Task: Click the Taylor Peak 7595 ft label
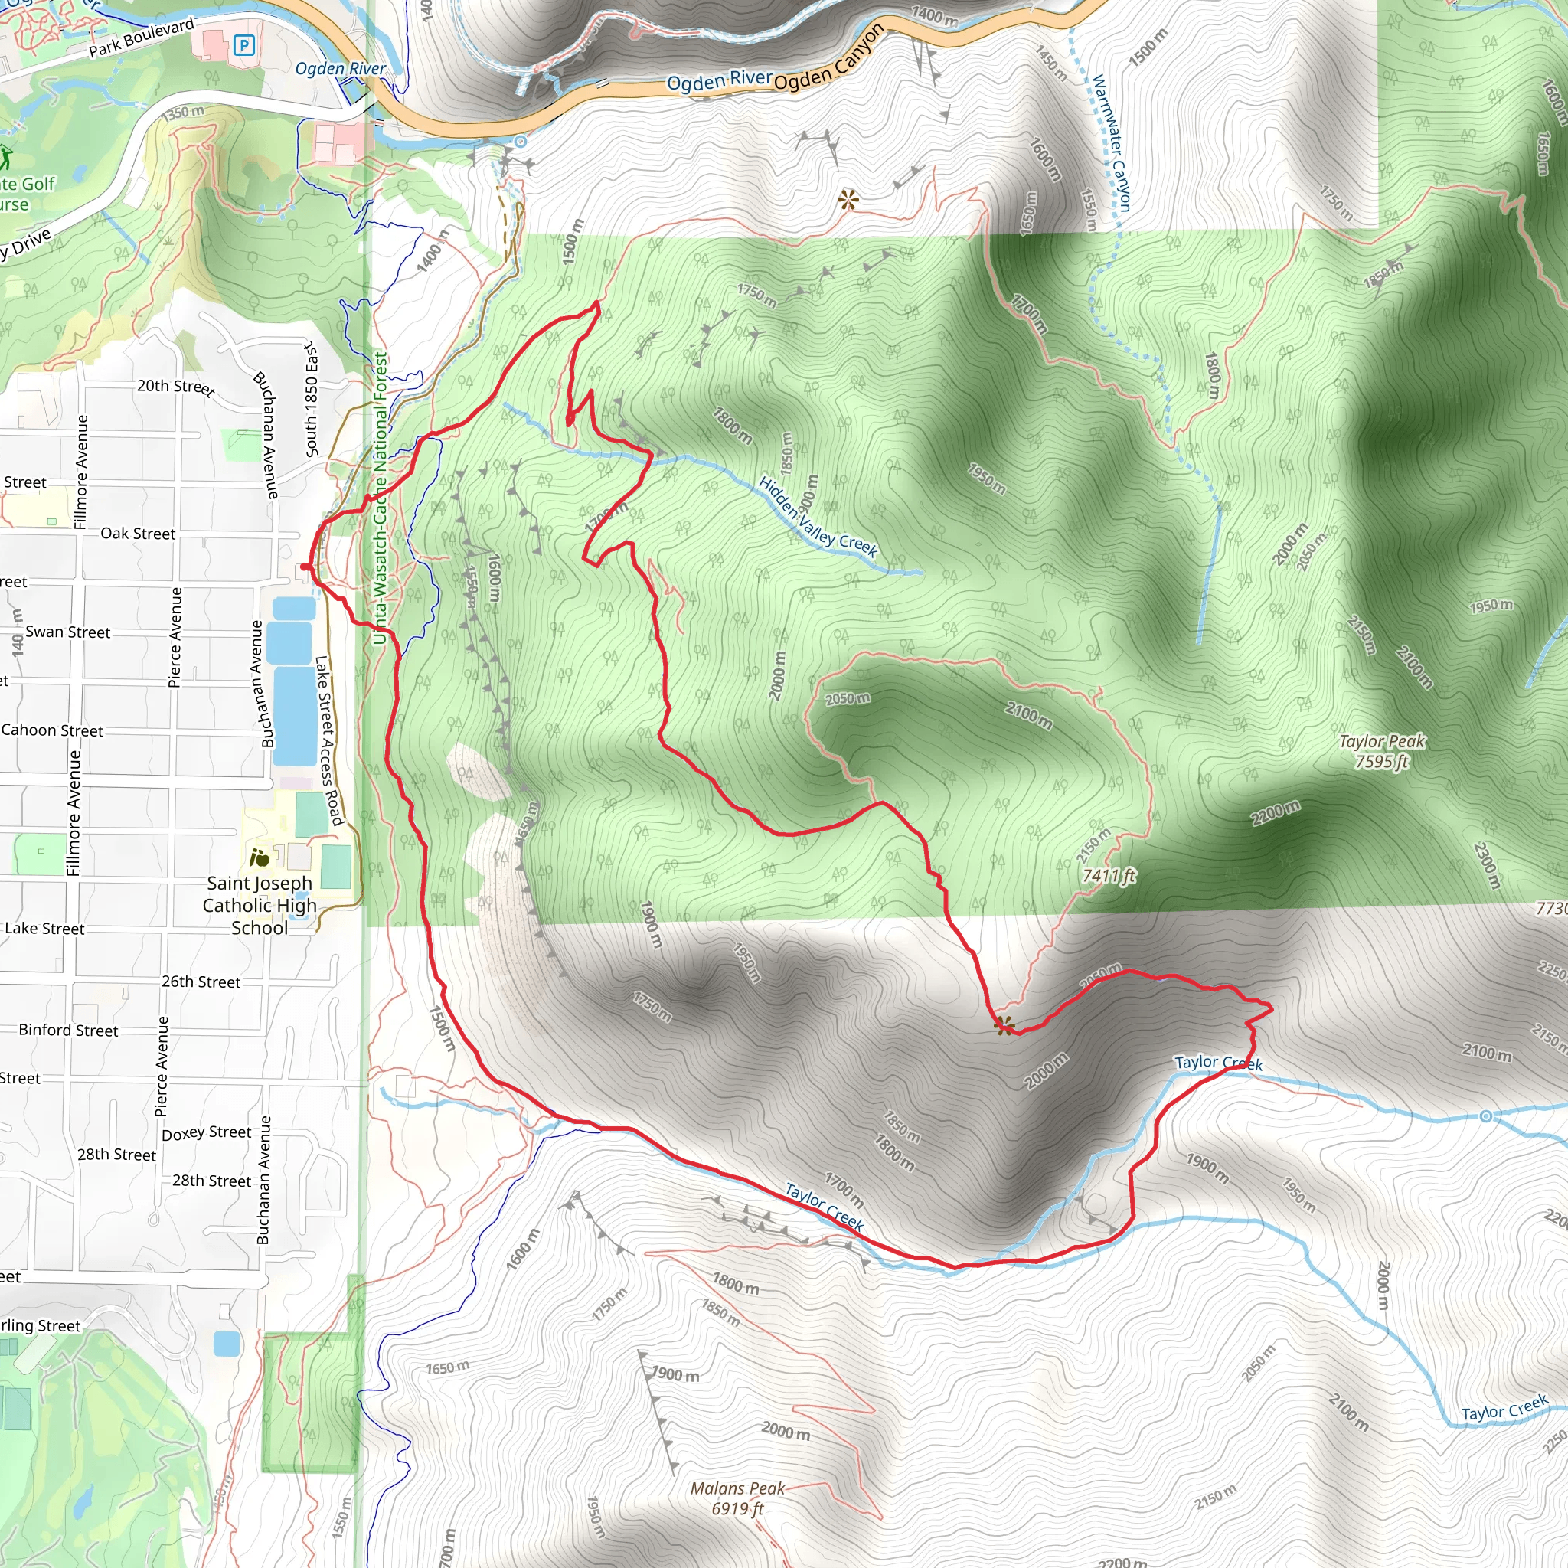1381,751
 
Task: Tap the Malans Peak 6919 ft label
737,1498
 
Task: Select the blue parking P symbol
243,45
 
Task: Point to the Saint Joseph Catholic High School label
259,905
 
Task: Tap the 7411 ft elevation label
1109,876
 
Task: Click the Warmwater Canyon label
1111,144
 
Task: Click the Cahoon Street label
52,730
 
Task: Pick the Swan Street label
67,632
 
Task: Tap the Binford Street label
68,1030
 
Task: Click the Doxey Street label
206,1133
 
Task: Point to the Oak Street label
138,533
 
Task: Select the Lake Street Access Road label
328,740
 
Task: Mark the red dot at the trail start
305,567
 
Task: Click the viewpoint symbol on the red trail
1004,1026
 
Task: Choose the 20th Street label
175,387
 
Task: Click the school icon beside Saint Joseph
259,857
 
